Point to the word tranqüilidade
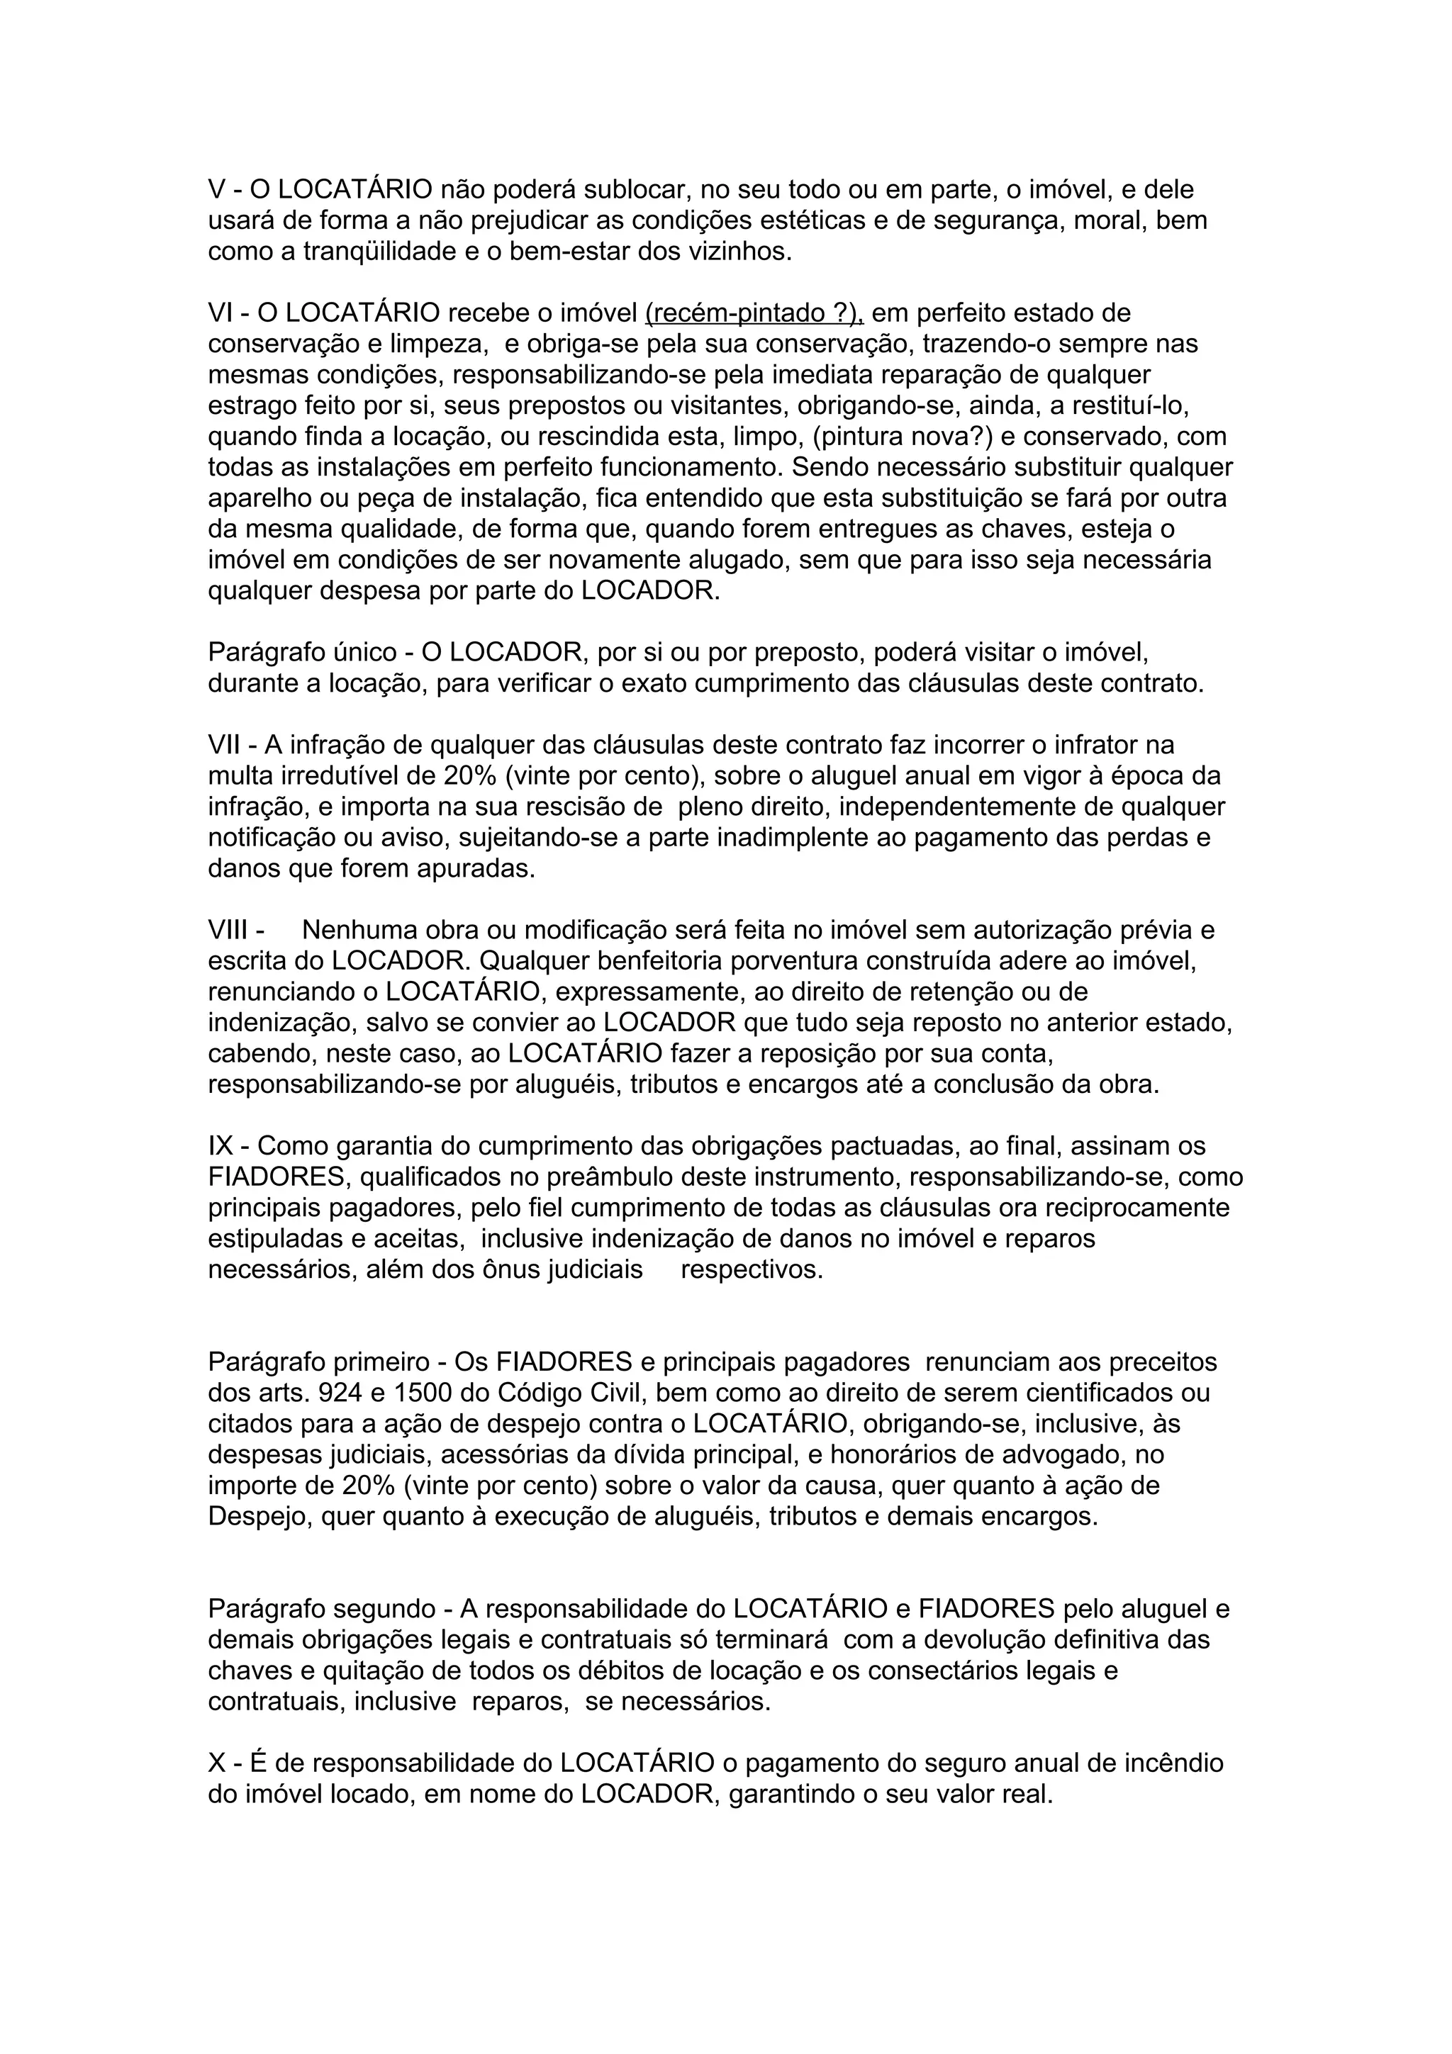[x=379, y=252]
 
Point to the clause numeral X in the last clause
[x=216, y=1763]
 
